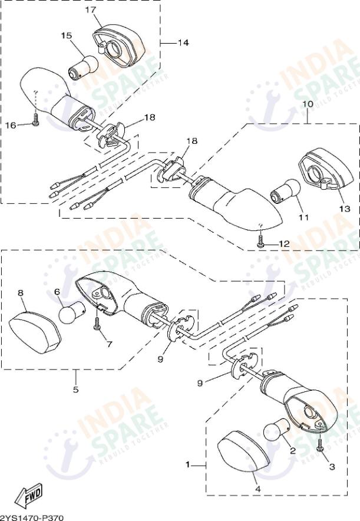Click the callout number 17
point(90,10)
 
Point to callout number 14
point(183,43)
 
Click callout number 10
point(307,104)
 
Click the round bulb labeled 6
point(71,313)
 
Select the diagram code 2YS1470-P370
point(31,517)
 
